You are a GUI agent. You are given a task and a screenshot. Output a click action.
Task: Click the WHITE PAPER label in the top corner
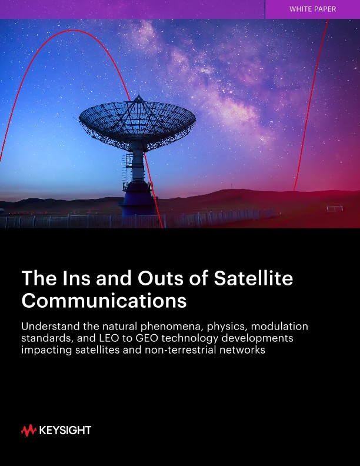point(313,9)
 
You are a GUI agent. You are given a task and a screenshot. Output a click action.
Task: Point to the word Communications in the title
point(104,300)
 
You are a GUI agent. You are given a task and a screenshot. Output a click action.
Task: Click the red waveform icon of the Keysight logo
point(28,431)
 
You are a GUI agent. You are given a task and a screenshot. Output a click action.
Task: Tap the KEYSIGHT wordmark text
point(65,431)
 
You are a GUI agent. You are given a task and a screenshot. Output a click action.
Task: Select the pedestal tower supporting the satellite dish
point(136,177)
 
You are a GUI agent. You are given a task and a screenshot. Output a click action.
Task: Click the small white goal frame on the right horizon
point(335,208)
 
